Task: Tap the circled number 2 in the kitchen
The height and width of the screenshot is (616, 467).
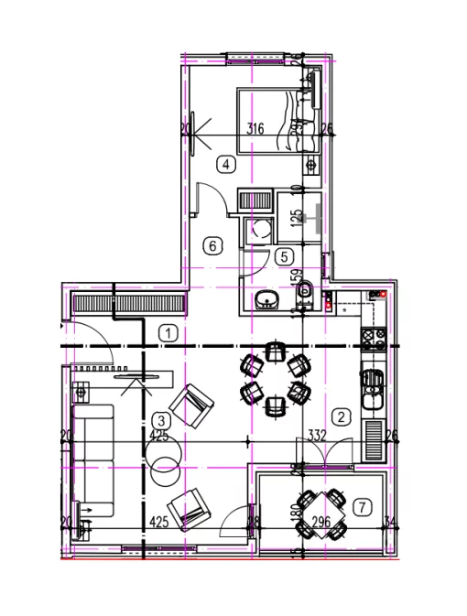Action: tap(341, 416)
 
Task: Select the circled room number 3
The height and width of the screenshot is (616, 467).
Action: tap(160, 420)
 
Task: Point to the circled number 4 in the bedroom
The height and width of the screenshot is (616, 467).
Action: tap(224, 165)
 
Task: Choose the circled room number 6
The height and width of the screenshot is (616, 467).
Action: tap(212, 245)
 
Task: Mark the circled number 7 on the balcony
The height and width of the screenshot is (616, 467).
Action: tap(363, 505)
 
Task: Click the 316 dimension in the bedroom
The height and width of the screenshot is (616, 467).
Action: tap(255, 129)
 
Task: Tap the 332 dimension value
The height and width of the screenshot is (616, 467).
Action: tap(318, 435)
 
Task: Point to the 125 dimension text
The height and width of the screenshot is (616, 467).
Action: tap(296, 218)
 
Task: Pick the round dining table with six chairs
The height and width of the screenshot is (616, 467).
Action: tap(273, 380)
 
